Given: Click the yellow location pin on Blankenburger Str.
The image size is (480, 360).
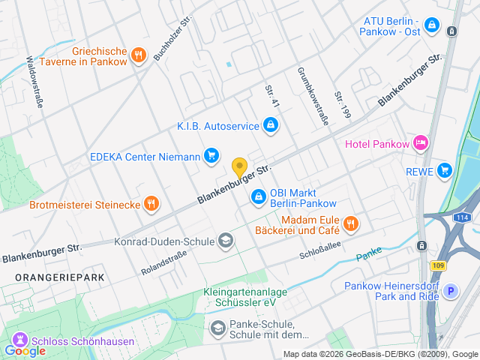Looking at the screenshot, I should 239,167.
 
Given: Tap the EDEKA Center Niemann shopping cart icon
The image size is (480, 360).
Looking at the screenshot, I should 212,156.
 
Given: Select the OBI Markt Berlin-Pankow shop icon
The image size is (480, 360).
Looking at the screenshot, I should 258,196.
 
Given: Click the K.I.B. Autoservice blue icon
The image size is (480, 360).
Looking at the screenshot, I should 270,125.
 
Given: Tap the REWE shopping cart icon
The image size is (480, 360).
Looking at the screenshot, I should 445,169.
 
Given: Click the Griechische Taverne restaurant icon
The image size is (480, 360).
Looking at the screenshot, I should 138,55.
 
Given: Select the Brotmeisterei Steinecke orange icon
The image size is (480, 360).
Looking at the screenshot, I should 151,203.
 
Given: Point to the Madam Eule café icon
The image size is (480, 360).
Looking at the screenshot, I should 350,223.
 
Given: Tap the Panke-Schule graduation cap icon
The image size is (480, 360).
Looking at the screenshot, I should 217,328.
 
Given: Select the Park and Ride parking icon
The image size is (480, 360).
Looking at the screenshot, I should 451,291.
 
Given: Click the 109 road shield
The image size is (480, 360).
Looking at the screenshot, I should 438,265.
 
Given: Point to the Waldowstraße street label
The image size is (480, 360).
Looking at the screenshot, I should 34,82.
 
